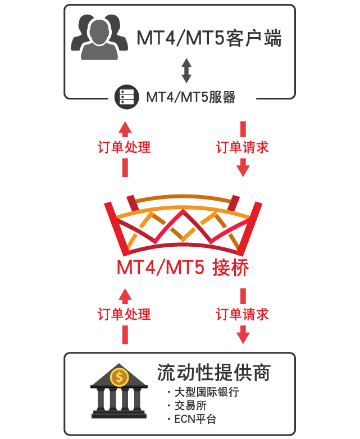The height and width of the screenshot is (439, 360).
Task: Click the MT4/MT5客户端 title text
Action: (209, 38)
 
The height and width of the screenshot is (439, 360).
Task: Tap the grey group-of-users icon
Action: (99, 37)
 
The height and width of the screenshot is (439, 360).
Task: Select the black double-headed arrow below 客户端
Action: (186, 71)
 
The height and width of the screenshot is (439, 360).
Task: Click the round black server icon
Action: (127, 97)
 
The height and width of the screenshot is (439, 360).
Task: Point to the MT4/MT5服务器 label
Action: (191, 97)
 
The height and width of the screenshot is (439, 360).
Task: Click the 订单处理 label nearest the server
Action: (124, 147)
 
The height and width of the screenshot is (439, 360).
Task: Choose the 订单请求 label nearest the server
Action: (242, 147)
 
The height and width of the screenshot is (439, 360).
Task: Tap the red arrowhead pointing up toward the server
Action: (125, 129)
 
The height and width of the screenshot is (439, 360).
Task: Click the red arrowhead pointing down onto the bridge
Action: (243, 168)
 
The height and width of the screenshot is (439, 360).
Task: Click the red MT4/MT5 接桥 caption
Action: (183, 268)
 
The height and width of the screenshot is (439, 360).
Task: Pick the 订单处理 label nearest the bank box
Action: (124, 314)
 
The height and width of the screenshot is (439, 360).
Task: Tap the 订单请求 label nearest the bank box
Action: (242, 314)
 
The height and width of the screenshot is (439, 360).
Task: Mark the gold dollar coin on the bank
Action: (120, 377)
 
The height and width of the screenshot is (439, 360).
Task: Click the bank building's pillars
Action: (119, 400)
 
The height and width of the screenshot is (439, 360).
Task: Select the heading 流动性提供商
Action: (214, 373)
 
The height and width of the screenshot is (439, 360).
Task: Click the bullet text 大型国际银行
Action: (207, 392)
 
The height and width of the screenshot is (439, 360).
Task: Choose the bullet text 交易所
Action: (191, 405)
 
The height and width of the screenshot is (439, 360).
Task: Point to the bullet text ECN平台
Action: (195, 419)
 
